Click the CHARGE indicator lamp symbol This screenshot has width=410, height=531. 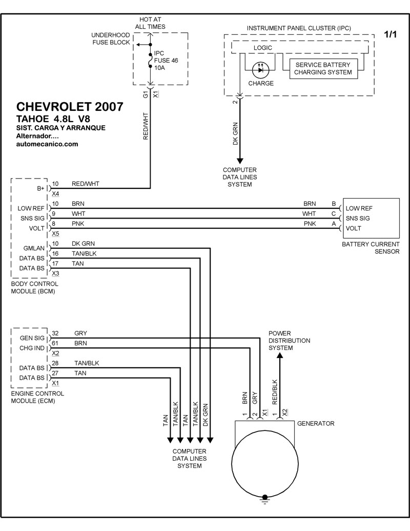pos(261,67)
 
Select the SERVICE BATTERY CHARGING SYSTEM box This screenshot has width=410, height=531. pos(323,69)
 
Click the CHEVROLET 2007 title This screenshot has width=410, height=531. pos(70,107)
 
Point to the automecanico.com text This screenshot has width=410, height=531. pos(47,144)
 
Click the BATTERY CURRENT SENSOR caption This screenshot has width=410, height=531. pos(371,248)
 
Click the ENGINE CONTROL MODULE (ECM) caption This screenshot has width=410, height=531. pos(37,397)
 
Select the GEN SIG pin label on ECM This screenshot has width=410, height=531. pos(32,338)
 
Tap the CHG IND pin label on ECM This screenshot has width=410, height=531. pos(32,349)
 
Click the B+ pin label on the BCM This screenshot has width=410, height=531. pos(41,188)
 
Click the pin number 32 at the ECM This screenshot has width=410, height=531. pos(55,332)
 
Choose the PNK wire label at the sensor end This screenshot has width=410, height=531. pos(310,224)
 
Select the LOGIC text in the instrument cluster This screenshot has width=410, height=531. pos(263,48)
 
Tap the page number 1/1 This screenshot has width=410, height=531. pos(391,34)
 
